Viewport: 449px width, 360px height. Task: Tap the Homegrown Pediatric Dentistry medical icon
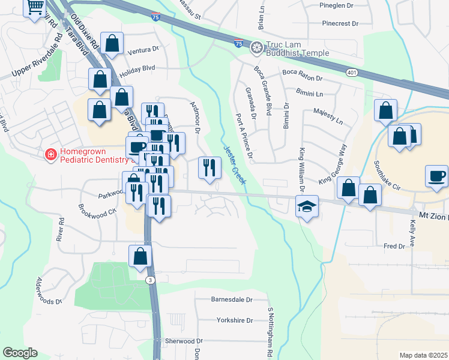(52, 155)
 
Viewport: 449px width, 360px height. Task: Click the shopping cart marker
(35, 7)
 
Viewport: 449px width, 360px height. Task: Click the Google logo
(20, 353)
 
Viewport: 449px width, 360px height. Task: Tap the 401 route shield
(351, 72)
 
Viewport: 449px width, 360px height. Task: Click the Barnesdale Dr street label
(232, 299)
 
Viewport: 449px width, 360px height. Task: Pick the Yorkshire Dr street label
(237, 320)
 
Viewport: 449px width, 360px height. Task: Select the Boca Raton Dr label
(303, 78)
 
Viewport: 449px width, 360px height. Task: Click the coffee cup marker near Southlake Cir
(436, 176)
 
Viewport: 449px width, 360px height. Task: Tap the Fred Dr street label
(394, 246)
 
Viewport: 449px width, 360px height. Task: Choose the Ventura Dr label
(143, 49)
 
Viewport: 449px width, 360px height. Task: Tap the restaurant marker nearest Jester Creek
(209, 167)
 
